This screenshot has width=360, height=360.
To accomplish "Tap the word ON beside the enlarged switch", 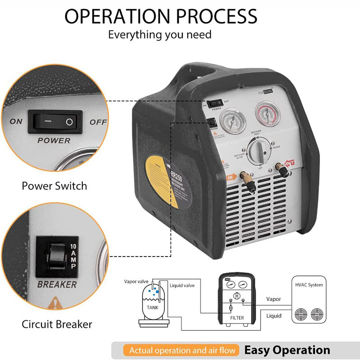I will (16, 121).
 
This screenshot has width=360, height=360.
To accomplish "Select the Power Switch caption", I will (54, 185).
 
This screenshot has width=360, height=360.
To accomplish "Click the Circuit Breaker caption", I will (57, 324).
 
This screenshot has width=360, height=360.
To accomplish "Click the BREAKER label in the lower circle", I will (57, 284).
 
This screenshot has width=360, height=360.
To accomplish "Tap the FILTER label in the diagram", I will (237, 318).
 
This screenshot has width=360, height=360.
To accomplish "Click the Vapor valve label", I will (136, 281).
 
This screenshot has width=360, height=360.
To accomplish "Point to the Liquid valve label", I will (182, 285).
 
